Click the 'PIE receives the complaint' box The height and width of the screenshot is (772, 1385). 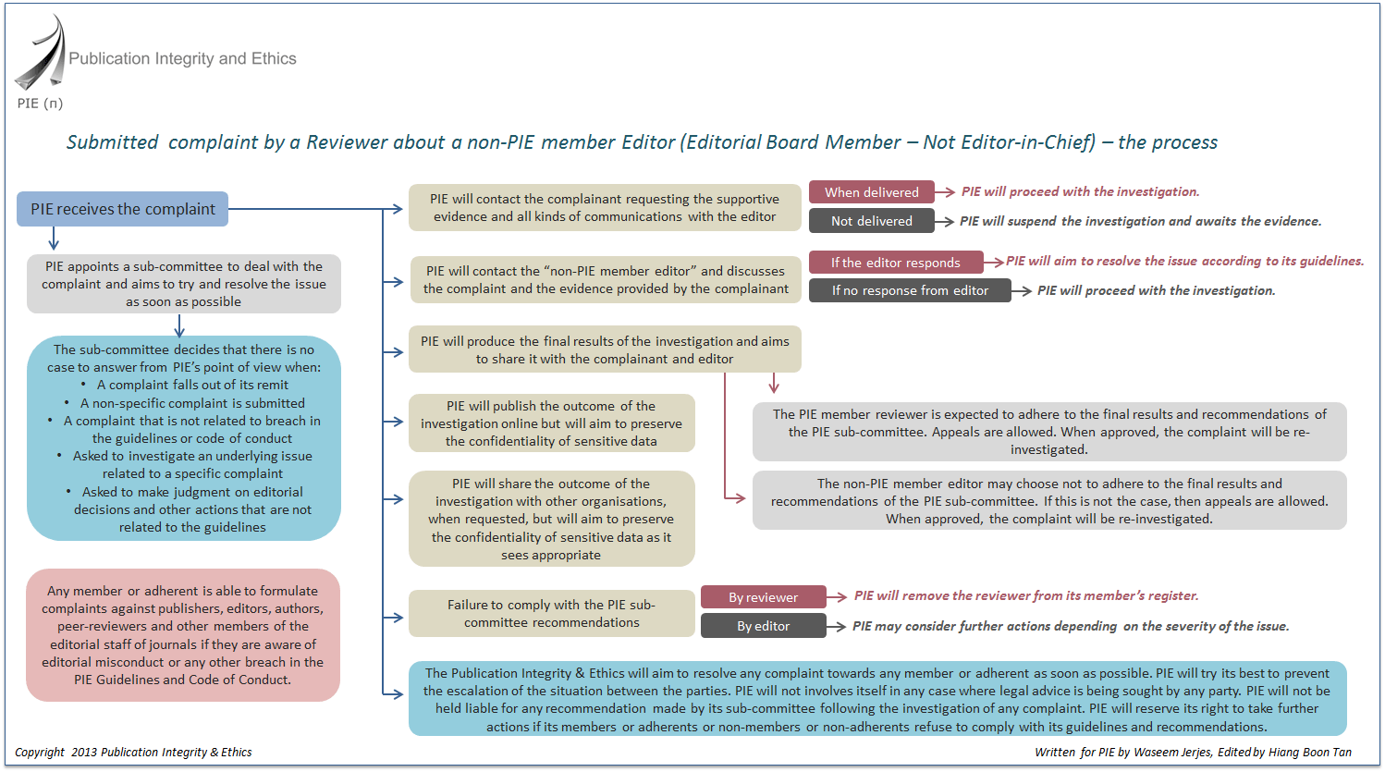click(122, 209)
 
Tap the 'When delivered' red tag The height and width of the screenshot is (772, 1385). click(871, 192)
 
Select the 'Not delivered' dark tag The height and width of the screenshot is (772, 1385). click(871, 221)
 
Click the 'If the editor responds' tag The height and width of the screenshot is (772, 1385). click(895, 263)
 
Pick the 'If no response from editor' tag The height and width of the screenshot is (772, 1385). click(910, 290)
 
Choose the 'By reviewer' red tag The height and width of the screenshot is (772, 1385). click(763, 597)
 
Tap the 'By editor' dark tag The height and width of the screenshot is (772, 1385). click(763, 626)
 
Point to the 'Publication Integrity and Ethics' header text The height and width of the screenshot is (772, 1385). click(182, 58)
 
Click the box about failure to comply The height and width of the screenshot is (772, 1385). click(551, 613)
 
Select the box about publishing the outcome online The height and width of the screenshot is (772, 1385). click(551, 423)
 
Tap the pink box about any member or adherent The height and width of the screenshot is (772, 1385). click(183, 635)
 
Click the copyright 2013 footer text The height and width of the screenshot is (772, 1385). click(133, 752)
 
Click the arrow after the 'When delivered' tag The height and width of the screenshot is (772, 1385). click(946, 192)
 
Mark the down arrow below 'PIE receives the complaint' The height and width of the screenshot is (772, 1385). click(54, 239)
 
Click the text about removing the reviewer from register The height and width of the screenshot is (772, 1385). click(1026, 595)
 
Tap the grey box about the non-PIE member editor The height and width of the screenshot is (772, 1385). click(1049, 501)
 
